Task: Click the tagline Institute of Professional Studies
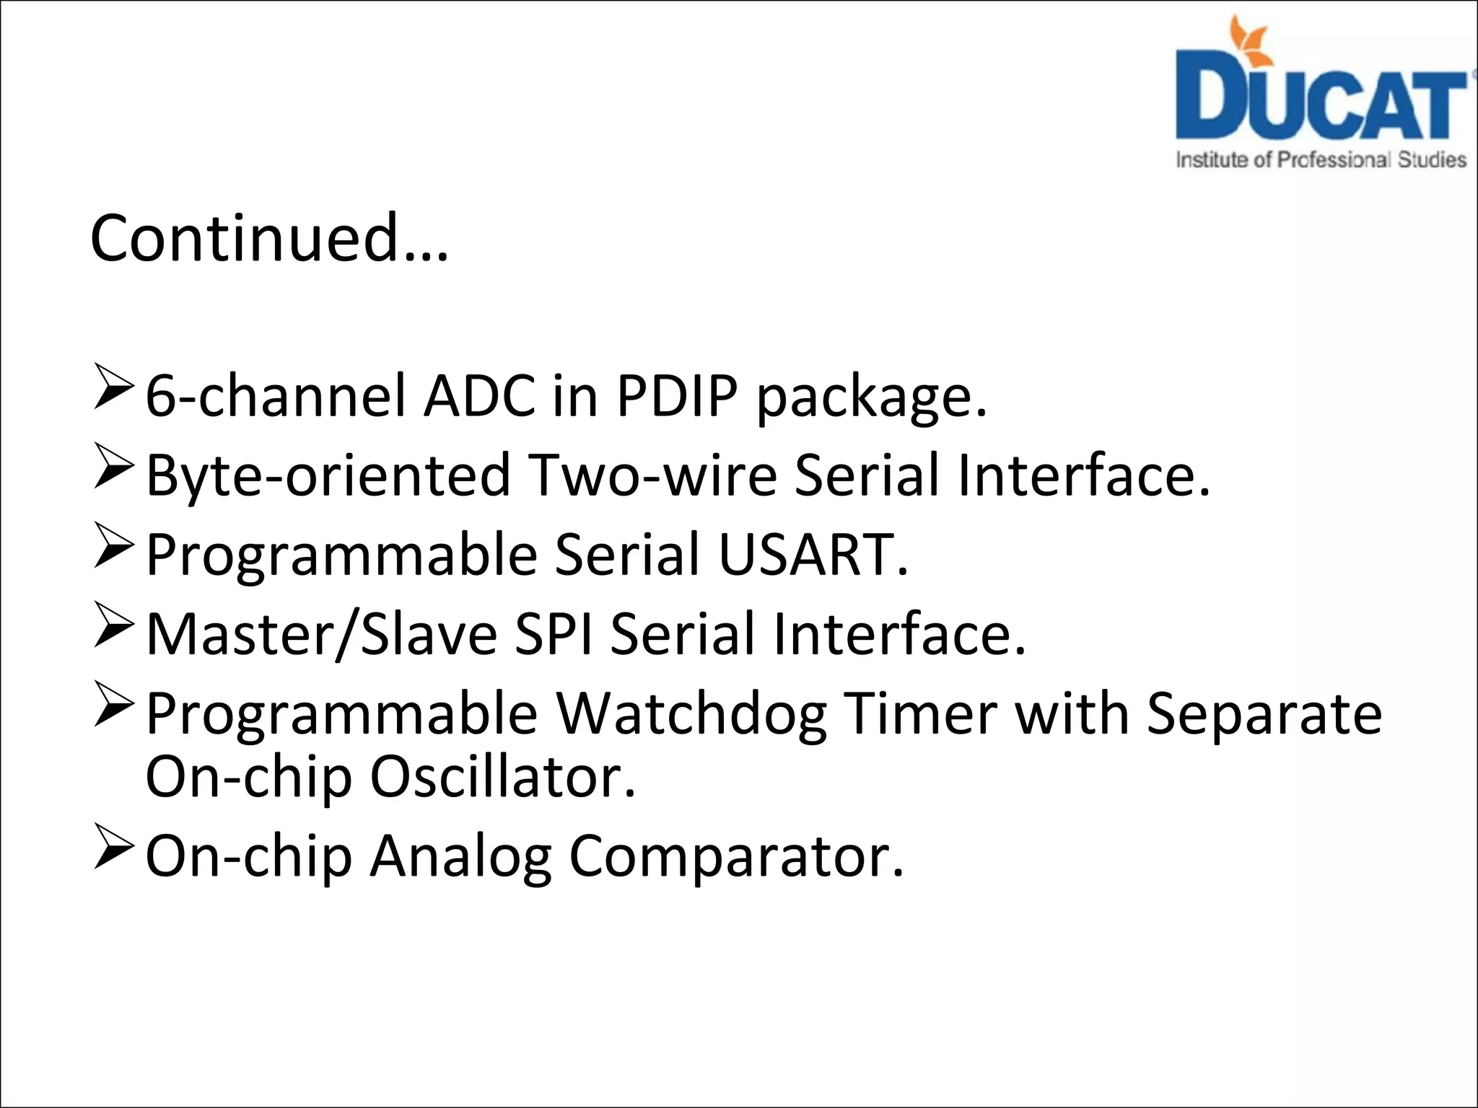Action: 1321,159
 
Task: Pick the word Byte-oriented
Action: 328,476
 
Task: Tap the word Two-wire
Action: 652,476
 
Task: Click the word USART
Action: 813,555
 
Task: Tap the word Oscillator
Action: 503,777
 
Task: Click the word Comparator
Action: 736,856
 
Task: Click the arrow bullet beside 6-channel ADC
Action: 113,390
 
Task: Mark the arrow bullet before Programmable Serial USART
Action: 113,548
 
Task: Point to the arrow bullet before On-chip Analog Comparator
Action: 113,850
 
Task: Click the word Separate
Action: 1264,714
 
